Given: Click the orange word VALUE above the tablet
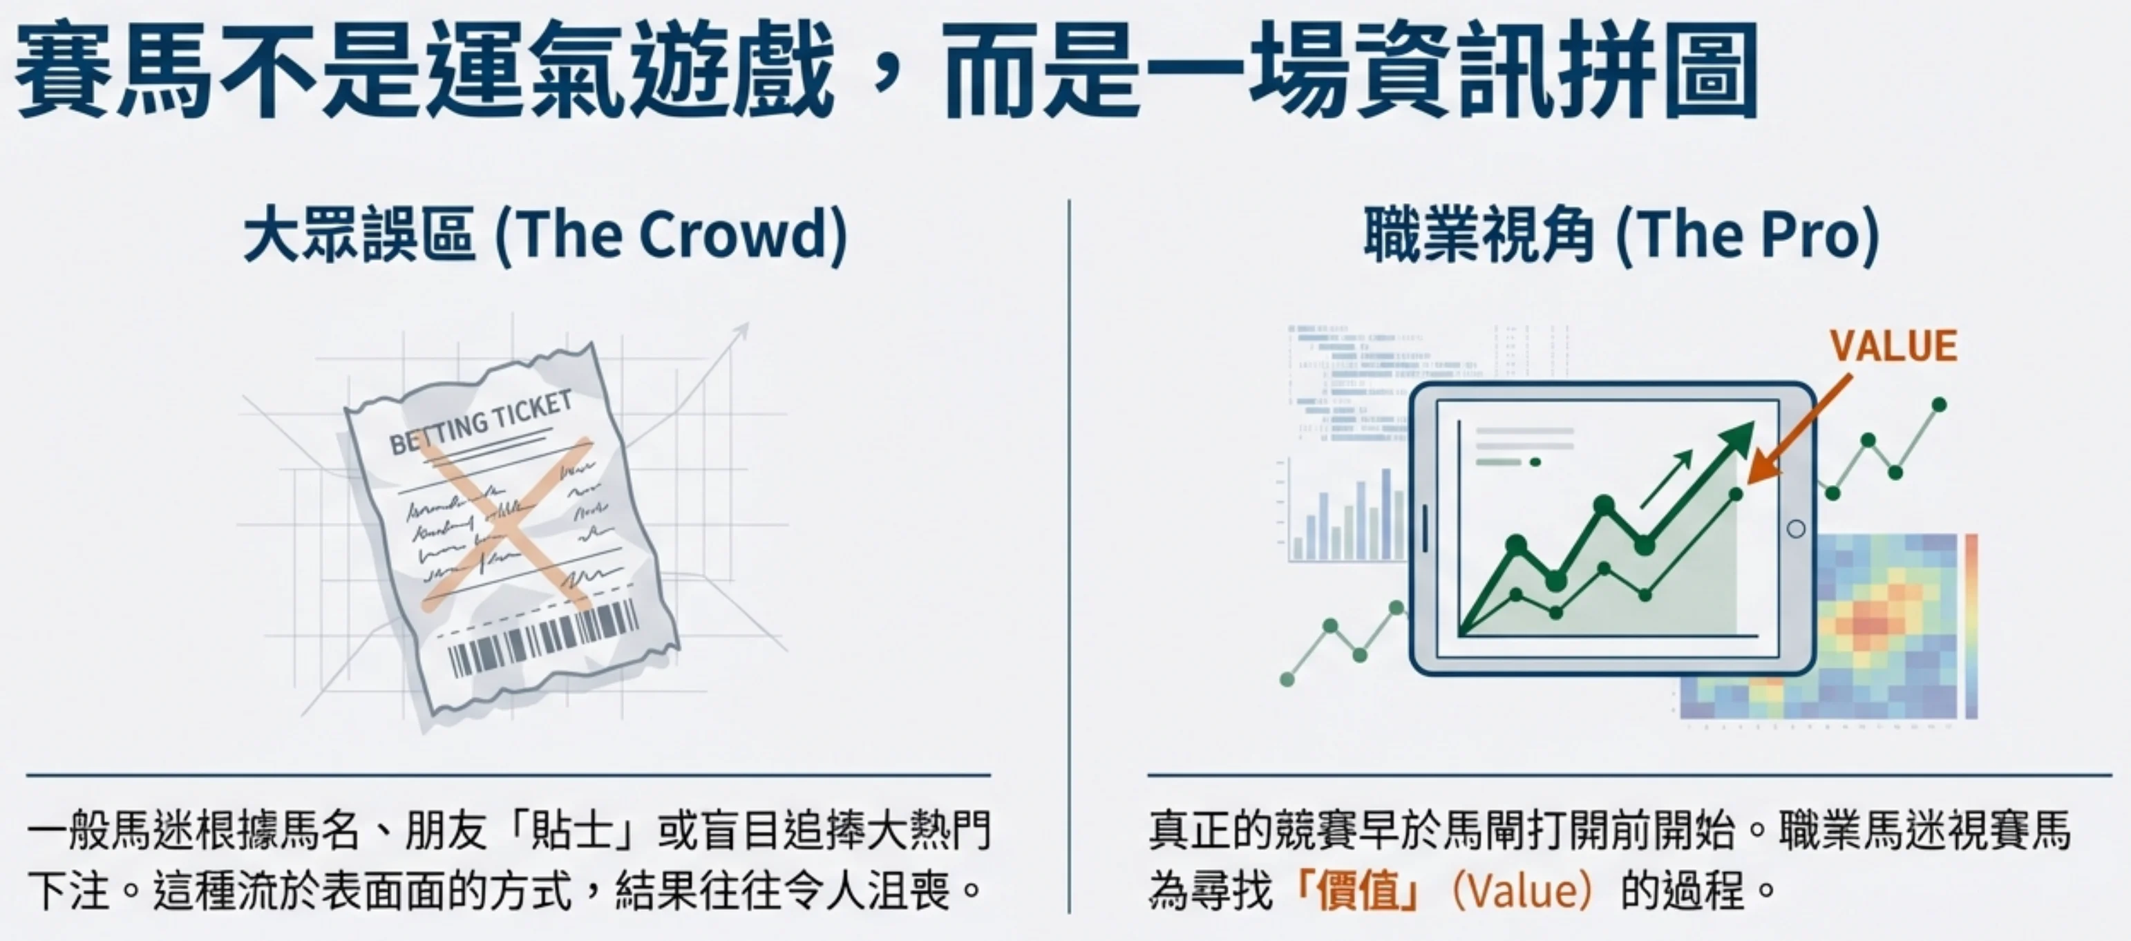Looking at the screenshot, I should click(x=1893, y=345).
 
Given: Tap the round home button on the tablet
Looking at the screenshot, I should click(x=1796, y=529).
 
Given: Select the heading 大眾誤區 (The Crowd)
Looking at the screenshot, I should click(x=546, y=236).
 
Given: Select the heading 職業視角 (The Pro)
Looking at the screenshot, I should click(x=1622, y=236).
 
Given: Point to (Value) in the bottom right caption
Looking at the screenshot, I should click(x=1522, y=891).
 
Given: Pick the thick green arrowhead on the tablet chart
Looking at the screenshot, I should click(x=1737, y=438).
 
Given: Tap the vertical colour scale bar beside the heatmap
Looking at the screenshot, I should click(x=1971, y=626).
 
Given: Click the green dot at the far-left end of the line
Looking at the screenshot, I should click(x=1287, y=679).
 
